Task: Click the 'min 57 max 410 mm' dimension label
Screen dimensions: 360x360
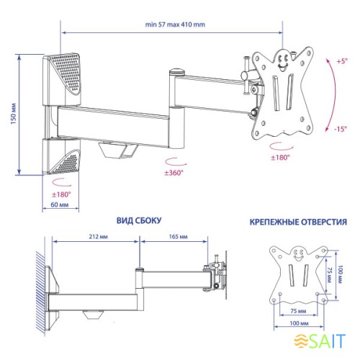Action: [175, 24]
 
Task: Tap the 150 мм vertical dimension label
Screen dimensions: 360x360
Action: [14, 114]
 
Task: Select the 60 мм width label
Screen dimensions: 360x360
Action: [60, 204]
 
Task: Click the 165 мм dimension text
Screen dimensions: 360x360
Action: [178, 237]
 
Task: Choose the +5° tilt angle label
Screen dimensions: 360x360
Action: [342, 61]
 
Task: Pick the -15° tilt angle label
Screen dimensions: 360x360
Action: [341, 129]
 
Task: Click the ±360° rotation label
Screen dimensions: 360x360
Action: [174, 173]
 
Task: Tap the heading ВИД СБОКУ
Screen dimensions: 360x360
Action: [139, 220]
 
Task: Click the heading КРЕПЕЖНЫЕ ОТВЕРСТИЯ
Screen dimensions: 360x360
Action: [298, 222]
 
